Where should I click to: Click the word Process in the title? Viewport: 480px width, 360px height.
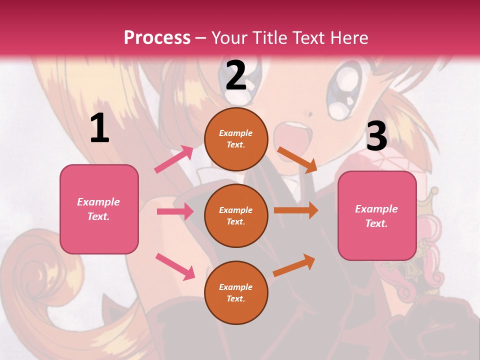(157, 38)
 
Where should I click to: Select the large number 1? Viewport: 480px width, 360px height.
(99, 129)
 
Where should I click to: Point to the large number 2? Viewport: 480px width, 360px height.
(236, 75)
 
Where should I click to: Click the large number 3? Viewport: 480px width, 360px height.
(376, 136)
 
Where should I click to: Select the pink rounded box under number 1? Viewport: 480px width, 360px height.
(99, 209)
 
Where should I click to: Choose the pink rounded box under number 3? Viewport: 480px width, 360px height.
(377, 216)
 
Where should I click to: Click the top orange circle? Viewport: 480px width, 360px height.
(236, 139)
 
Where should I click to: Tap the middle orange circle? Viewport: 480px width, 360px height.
(236, 215)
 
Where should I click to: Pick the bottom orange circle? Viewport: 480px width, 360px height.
(236, 292)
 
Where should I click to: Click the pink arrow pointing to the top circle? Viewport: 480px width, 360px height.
(174, 159)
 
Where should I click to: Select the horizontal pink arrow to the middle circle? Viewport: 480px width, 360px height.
(175, 211)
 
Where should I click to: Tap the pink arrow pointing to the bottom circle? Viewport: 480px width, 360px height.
(175, 266)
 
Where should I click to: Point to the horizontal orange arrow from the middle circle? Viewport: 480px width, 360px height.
(296, 210)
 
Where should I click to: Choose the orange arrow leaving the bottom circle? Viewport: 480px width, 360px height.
(294, 265)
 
